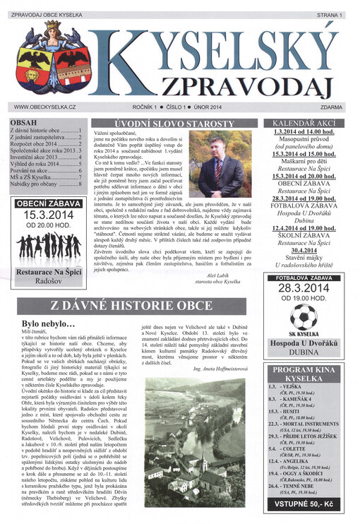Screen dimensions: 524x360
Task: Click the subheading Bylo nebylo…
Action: tap(49, 324)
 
